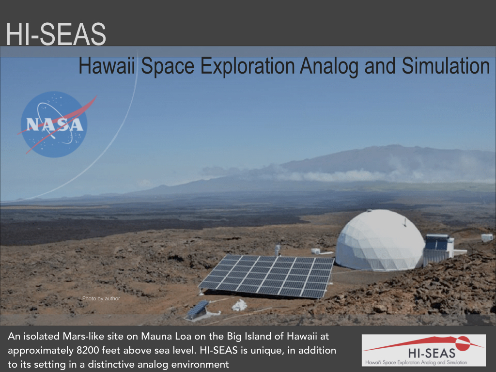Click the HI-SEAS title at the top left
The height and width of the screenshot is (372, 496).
coord(56,34)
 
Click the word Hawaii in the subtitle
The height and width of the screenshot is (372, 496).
coord(107,66)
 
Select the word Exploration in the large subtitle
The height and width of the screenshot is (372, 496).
coord(248,66)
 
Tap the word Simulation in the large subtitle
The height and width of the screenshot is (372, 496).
coord(446,66)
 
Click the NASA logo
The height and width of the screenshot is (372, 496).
coord(54,124)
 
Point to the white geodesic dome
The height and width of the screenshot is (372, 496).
coord(380,240)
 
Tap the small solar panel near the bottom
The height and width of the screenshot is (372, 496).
coord(198,309)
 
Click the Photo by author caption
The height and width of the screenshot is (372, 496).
coord(101,298)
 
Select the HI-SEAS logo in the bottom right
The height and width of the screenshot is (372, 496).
coord(423,350)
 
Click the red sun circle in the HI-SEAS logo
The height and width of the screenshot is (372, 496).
coord(463,343)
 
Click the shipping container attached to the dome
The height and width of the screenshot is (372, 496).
coord(438,249)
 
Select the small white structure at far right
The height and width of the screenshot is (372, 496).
coord(487,237)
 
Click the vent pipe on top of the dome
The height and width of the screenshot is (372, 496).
coord(404,222)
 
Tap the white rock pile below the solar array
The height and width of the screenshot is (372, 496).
coord(239,305)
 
